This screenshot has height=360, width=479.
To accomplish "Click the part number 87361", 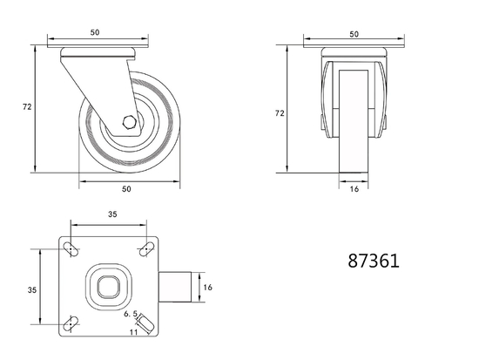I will [374, 261].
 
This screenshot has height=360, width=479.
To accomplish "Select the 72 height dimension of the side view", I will [26, 107].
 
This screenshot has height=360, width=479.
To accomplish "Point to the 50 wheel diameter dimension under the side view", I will [126, 188].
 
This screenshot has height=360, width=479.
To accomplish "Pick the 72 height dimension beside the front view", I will [280, 113].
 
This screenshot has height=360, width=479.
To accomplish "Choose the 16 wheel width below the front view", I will [354, 188].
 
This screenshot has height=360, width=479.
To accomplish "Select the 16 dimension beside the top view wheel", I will [207, 286].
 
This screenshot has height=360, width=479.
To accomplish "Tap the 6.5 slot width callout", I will [132, 313].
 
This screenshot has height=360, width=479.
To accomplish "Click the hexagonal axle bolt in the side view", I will [129, 123].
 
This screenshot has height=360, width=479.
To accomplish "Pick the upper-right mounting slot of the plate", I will [143, 250].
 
